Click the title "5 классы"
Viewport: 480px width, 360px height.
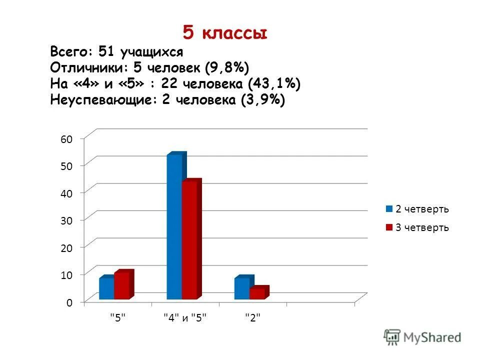(224, 33)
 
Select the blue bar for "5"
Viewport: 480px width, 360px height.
(106, 288)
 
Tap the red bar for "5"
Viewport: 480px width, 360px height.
(121, 285)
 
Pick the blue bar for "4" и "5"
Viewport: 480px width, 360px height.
(174, 227)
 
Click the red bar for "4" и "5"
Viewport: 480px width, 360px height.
(189, 240)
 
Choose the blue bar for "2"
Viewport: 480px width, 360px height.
(242, 288)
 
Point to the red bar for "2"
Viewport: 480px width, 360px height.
(257, 293)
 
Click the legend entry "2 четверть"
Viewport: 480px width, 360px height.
(417, 209)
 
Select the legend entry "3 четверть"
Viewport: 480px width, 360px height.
(417, 227)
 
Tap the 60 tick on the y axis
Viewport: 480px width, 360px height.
(66, 139)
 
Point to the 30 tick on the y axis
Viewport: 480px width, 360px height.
(66, 220)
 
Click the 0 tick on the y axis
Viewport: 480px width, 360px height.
(69, 302)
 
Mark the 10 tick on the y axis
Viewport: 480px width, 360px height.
(66, 274)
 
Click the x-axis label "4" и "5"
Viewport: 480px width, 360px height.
(185, 317)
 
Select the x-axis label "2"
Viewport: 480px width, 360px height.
(252, 317)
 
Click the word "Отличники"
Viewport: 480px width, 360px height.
(85, 67)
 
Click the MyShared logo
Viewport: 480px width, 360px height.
(422, 337)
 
